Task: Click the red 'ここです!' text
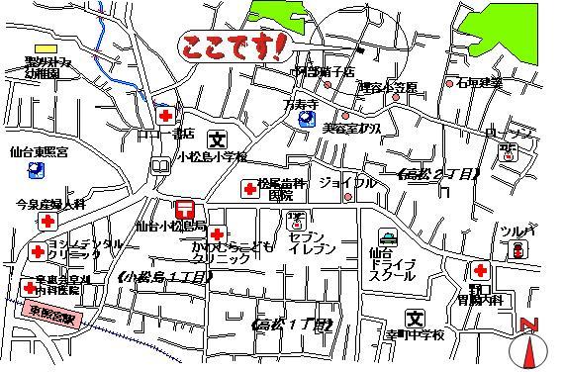(234, 45)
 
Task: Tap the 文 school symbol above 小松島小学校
(219, 139)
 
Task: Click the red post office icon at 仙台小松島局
(184, 208)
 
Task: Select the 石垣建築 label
(481, 83)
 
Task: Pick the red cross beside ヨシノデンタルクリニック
(37, 250)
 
